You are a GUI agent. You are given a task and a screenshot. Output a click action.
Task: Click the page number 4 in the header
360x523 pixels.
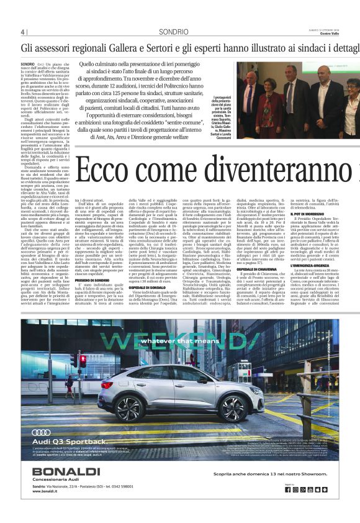(x=23, y=32)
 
